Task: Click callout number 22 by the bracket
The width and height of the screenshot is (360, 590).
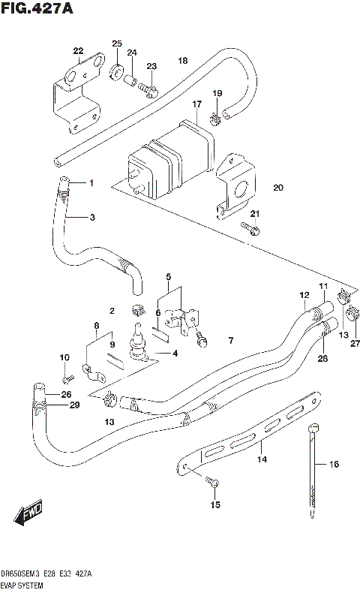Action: click(x=78, y=51)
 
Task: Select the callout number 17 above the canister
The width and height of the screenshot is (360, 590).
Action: click(x=196, y=104)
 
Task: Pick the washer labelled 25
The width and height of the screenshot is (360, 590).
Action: click(x=117, y=73)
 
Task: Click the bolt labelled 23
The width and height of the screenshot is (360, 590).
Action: click(x=148, y=92)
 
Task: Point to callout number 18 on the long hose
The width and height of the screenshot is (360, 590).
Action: click(x=182, y=60)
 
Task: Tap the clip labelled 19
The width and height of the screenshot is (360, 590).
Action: click(x=214, y=116)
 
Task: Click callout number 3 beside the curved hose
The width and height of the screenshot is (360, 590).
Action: click(x=91, y=218)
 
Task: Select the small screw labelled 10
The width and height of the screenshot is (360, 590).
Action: click(x=67, y=375)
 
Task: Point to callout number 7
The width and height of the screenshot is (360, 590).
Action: click(x=231, y=341)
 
